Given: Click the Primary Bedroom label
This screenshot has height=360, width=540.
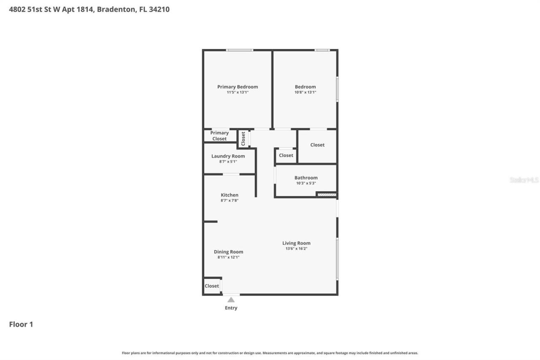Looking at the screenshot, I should (x=238, y=87).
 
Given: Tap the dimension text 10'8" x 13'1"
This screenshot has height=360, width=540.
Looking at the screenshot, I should (x=305, y=92).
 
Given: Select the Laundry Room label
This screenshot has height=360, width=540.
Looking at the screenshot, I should (x=228, y=156).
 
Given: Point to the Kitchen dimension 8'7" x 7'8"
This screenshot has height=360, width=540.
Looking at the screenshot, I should (x=229, y=200).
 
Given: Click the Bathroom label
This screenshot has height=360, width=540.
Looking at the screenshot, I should (x=306, y=178).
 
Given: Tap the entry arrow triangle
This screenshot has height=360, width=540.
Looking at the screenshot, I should (x=231, y=300).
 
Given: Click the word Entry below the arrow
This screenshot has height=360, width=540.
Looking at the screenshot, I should (x=231, y=308).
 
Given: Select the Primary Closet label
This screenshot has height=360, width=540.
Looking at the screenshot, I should (x=219, y=135).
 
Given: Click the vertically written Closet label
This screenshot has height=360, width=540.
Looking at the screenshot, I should (x=243, y=139).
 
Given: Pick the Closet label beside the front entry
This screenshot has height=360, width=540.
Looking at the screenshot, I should (x=212, y=286).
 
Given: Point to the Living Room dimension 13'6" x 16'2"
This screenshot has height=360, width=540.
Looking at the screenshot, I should (x=296, y=249).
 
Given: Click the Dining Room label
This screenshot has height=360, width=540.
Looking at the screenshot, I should (x=228, y=252).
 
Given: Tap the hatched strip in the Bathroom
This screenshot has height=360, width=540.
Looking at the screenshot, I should (x=327, y=195).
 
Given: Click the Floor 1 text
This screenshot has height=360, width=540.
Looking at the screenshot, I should (x=21, y=324).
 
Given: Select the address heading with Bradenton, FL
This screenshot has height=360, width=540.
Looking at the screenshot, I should (x=89, y=9).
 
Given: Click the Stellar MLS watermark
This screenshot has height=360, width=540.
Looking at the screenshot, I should (x=524, y=180).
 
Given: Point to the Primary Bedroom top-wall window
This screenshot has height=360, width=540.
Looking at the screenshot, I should (x=239, y=50).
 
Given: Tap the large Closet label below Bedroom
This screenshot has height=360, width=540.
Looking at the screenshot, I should (x=317, y=145).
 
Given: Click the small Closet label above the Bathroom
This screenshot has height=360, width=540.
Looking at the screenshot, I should (x=286, y=155).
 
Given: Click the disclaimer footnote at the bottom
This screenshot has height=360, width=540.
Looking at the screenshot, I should (x=270, y=353).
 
